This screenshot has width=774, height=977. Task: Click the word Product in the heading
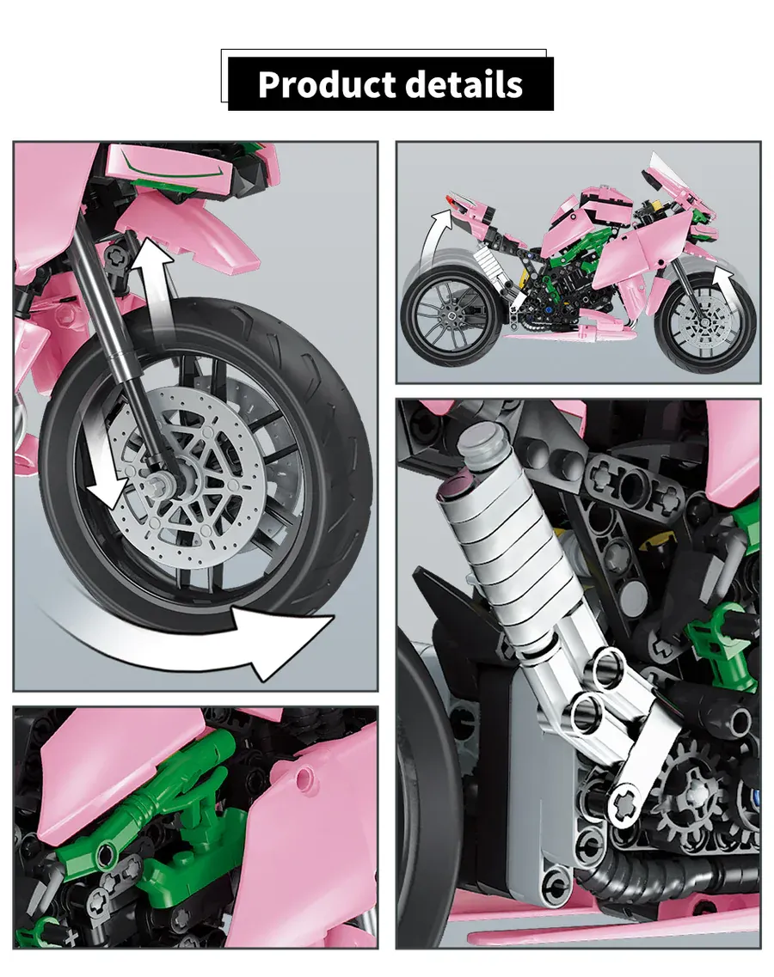click(327, 85)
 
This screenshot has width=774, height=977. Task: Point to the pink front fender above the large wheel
click(187, 230)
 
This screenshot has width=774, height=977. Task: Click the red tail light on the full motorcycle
click(449, 199)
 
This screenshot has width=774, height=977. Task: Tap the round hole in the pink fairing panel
click(304, 777)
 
